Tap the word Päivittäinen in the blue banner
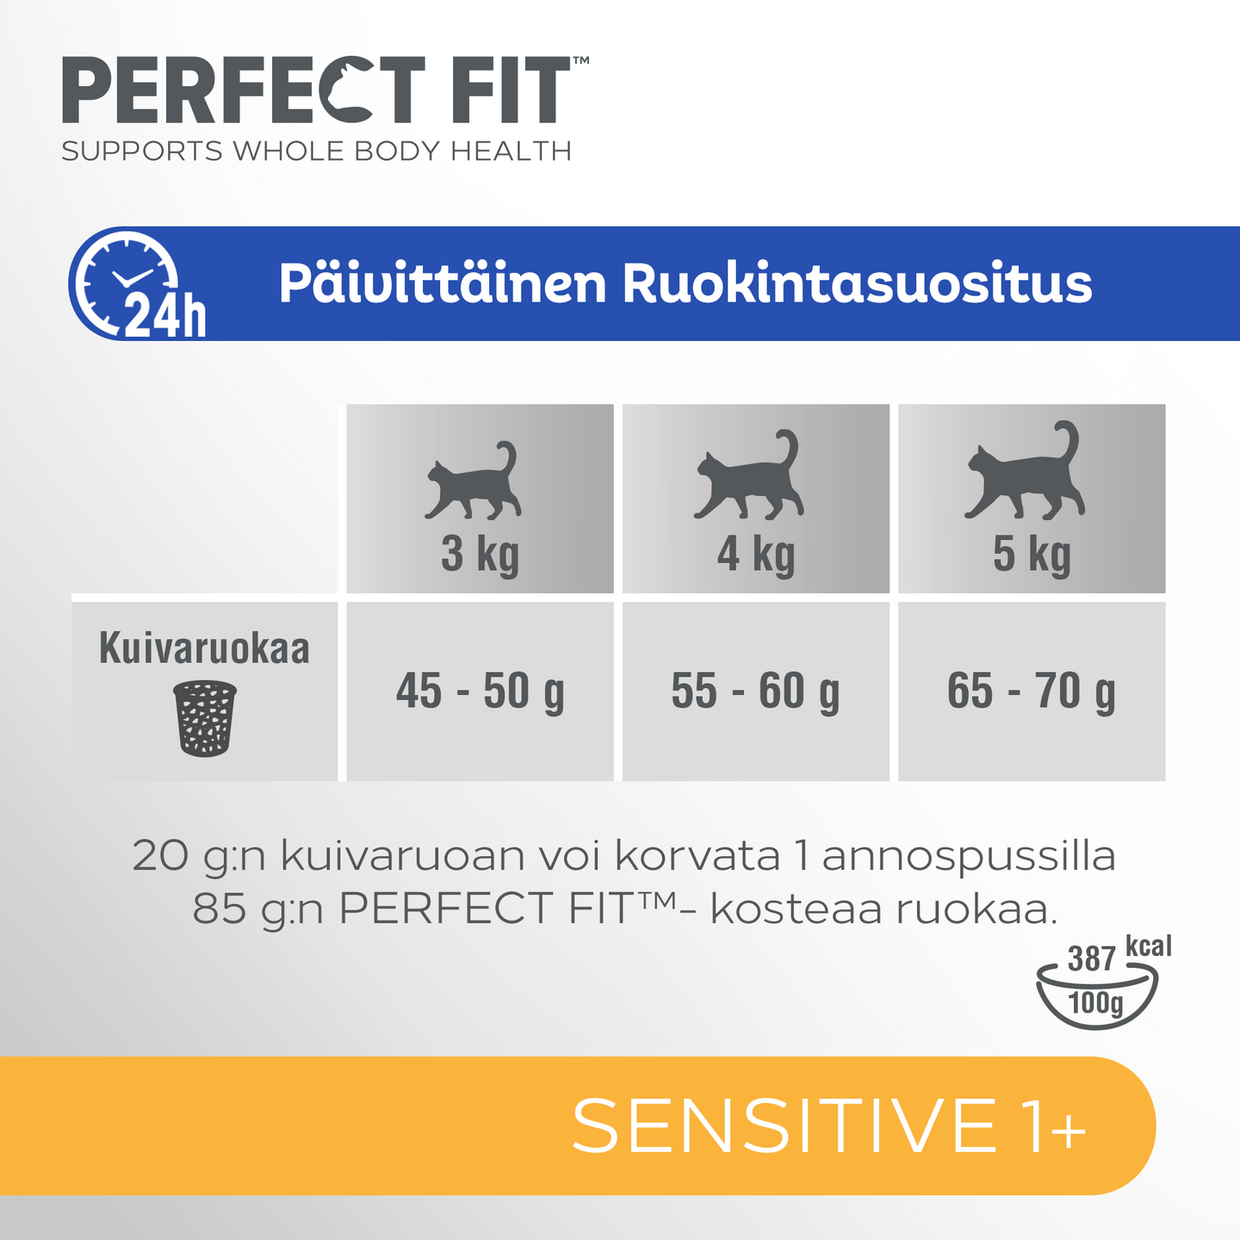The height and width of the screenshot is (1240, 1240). [443, 284]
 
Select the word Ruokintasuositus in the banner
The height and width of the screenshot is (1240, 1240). [857, 284]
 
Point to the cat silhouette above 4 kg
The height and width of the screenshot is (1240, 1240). [749, 478]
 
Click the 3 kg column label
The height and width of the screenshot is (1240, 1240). [480, 554]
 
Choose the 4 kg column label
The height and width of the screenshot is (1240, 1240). [755, 554]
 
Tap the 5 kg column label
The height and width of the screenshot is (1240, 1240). [1031, 554]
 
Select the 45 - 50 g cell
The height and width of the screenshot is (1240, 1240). [480, 691]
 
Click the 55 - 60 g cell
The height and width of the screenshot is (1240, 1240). [755, 691]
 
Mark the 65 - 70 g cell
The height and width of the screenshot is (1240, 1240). [1031, 691]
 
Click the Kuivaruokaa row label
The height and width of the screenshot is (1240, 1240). [204, 648]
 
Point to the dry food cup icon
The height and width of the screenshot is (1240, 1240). [205, 718]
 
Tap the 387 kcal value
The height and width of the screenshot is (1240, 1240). [1091, 958]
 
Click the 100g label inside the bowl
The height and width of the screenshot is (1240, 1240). [1095, 1002]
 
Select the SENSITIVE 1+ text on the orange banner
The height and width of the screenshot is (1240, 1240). [828, 1125]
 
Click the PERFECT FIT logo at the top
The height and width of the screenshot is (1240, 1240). [319, 91]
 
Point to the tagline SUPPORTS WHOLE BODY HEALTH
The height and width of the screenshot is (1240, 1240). [316, 152]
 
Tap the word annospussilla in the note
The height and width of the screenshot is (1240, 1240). [969, 857]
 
